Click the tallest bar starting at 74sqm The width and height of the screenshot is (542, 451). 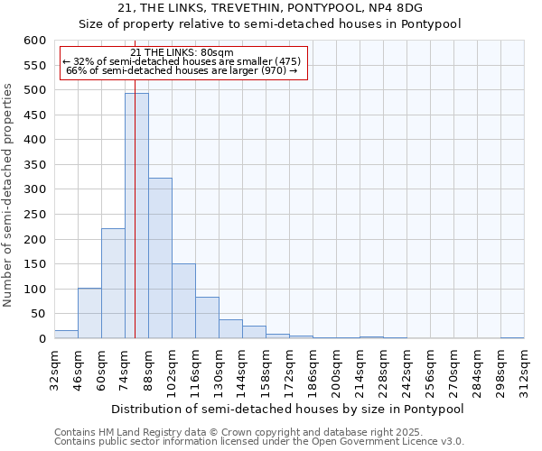136,216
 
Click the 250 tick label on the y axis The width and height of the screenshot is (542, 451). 34,239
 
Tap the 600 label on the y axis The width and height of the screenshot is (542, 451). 34,41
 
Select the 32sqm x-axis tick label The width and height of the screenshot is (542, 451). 54,366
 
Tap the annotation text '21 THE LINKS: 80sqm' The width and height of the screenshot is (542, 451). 182,52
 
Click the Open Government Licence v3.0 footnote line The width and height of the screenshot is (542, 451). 259,441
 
